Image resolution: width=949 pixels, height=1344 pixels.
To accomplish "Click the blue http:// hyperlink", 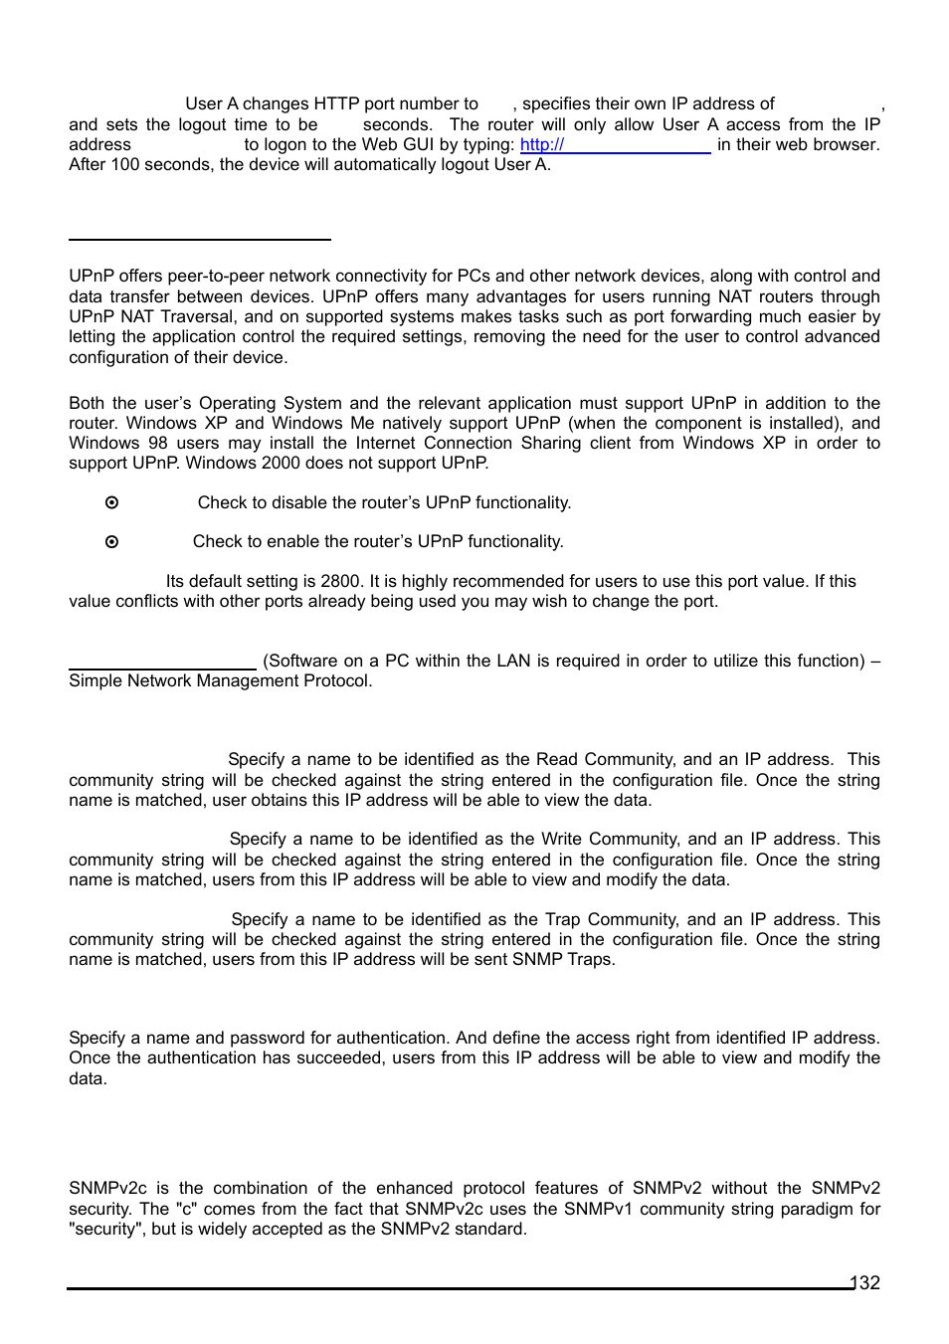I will pos(542,145).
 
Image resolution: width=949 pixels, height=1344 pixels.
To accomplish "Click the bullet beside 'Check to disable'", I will pos(111,503).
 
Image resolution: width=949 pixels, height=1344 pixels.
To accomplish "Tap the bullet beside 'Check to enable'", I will pos(111,542).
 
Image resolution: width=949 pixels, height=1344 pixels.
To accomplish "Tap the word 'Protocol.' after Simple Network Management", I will pos(338,681).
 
